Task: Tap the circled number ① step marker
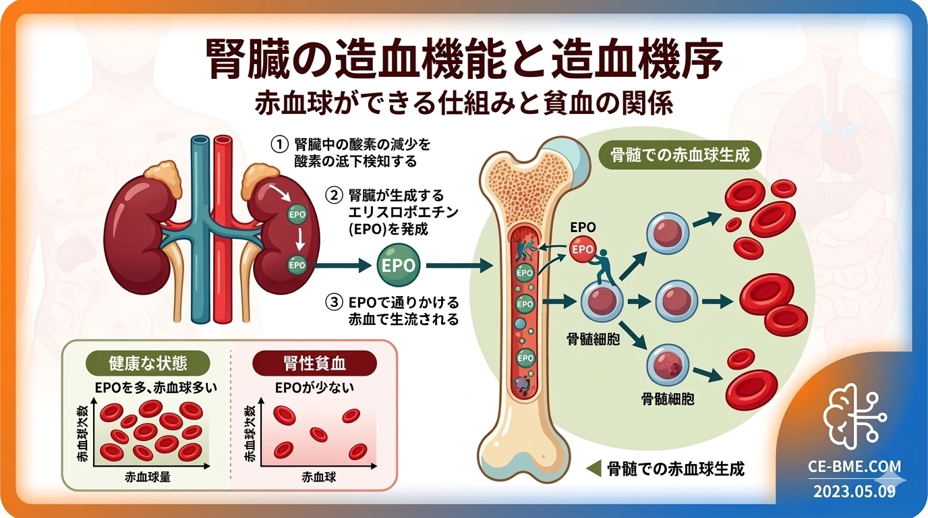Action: (x=279, y=144)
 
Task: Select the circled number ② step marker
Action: (x=332, y=196)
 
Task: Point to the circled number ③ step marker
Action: (x=332, y=302)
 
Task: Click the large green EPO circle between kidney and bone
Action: (x=399, y=265)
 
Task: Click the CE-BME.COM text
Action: (x=854, y=467)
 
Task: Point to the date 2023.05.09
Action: (x=854, y=491)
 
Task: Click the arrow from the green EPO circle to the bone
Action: (x=459, y=266)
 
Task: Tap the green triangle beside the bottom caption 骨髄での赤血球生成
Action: (x=593, y=468)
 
